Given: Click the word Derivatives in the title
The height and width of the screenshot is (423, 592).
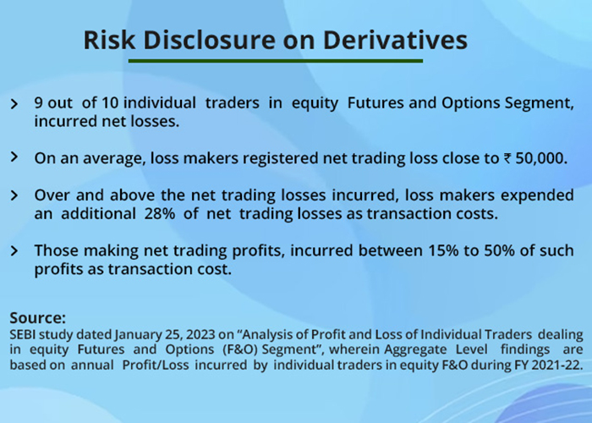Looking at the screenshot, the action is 395,40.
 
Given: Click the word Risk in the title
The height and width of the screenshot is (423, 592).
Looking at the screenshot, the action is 109,40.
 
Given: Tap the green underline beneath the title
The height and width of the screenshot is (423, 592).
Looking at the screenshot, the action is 276,61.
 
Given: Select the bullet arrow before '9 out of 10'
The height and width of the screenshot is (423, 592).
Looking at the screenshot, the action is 14,104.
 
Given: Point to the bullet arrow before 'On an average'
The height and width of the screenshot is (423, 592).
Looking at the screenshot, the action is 14,157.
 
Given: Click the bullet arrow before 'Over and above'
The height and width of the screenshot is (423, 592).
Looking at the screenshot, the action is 14,195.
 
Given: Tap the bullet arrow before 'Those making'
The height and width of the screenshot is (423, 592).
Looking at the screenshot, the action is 14,250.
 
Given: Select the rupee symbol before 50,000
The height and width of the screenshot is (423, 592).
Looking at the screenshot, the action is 507,159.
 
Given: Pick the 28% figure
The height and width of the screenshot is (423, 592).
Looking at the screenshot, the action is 160,214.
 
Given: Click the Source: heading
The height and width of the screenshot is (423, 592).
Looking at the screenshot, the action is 38,318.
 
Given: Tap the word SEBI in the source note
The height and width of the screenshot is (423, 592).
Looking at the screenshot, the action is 23,335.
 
